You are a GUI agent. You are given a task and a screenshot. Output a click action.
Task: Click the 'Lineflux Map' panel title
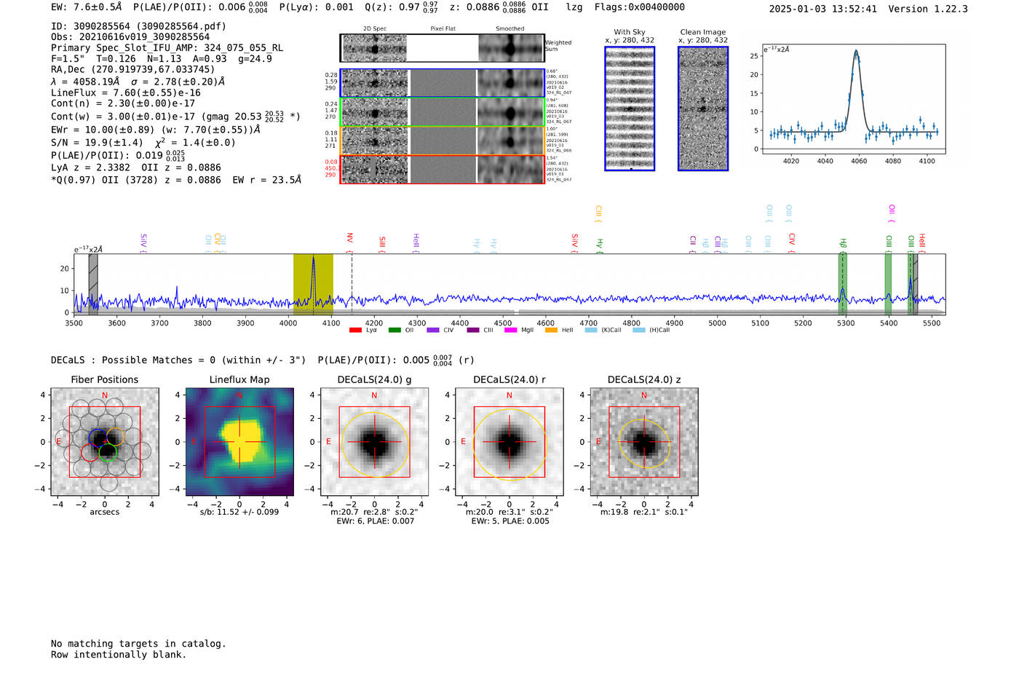click(239, 379)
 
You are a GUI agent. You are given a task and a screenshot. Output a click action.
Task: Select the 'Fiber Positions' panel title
click(104, 379)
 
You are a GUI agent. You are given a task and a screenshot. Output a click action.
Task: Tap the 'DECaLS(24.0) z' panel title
click(643, 379)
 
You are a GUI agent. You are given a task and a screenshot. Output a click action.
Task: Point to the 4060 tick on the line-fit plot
click(859, 161)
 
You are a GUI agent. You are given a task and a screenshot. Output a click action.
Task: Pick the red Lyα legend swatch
click(355, 330)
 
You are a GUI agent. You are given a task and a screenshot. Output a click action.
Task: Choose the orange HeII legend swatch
click(551, 330)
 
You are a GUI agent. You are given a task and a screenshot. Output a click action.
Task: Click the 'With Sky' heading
click(630, 32)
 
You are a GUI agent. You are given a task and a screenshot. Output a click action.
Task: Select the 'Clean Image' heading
click(703, 32)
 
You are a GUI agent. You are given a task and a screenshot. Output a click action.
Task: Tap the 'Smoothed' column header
click(509, 29)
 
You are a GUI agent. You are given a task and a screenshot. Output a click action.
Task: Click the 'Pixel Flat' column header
click(443, 29)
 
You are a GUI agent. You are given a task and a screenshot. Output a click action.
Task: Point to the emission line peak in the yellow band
click(313, 258)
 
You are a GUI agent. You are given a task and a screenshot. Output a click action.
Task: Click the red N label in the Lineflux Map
click(239, 395)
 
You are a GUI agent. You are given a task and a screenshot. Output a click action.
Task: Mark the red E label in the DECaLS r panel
click(463, 441)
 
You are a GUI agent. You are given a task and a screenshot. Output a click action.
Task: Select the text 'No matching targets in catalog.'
click(138, 644)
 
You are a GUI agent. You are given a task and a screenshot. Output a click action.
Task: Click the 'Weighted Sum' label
click(558, 46)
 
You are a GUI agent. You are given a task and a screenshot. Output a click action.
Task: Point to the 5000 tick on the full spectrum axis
click(717, 323)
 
